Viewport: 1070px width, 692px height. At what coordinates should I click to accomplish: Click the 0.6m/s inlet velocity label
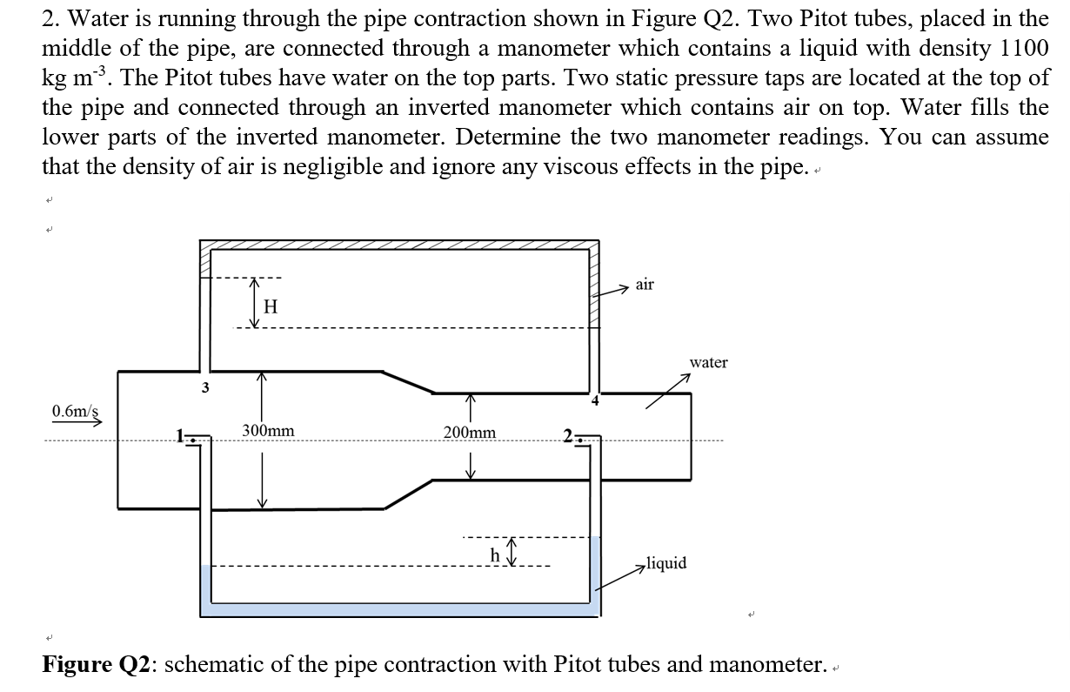coord(74,409)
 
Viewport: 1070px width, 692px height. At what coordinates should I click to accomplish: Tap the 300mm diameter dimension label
coord(268,431)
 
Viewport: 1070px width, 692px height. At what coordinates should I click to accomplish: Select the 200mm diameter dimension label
coord(470,433)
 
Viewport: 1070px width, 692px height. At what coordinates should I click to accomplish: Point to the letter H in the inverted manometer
coord(270,306)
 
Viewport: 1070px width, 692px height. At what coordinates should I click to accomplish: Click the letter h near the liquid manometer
coord(496,554)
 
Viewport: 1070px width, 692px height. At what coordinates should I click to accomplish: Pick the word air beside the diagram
coord(645,285)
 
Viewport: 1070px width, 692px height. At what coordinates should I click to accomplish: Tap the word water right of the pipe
coord(708,362)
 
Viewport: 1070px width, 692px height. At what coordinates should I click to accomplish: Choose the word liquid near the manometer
coord(666,563)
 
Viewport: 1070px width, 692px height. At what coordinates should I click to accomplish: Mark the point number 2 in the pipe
coord(566,438)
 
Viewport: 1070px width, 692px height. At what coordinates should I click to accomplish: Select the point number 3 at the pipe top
coord(205,386)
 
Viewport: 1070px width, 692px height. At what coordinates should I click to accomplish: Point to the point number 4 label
coord(595,401)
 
